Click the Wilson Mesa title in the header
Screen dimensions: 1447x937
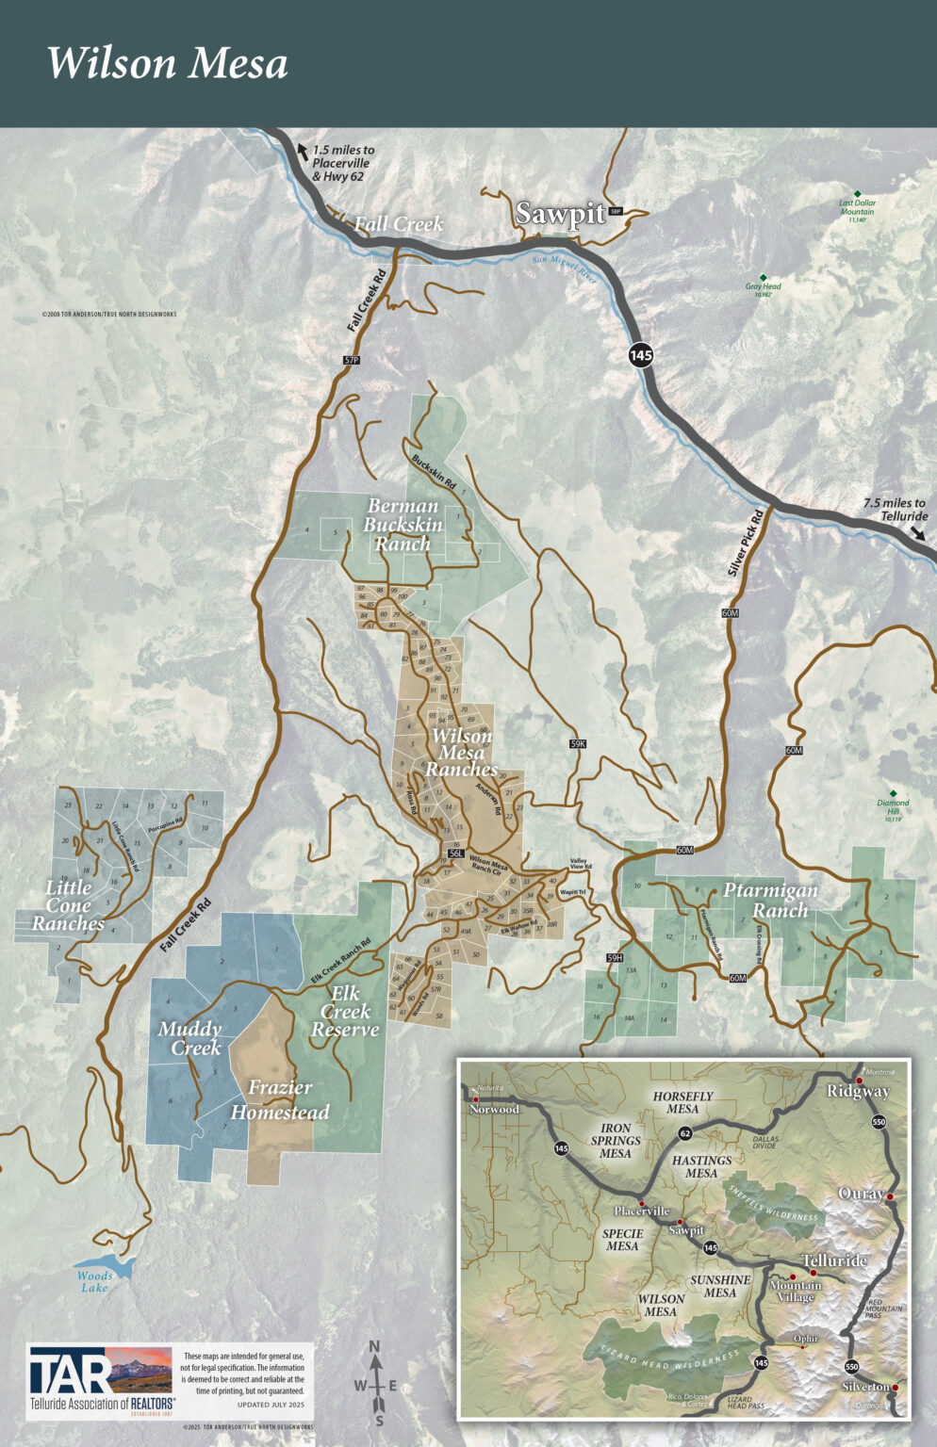(x=167, y=63)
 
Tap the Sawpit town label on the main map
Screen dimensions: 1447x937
(x=560, y=214)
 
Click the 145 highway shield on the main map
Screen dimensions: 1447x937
(x=641, y=355)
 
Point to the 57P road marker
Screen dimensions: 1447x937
(x=352, y=361)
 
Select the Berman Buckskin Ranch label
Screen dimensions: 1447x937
(x=403, y=525)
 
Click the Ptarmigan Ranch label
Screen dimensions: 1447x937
(x=770, y=900)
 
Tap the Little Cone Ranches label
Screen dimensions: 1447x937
(x=68, y=905)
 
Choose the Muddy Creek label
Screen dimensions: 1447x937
(x=189, y=1038)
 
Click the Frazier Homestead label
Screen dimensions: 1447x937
(x=280, y=1099)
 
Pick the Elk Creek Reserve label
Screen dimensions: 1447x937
(x=345, y=1012)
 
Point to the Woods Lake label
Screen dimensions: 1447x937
(x=94, y=1281)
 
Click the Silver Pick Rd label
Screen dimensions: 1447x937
(x=745, y=545)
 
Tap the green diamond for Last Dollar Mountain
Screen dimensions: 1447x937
(x=857, y=193)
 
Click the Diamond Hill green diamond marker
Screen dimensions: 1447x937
(x=893, y=793)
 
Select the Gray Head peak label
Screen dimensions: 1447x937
(x=763, y=287)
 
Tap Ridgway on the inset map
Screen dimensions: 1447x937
(x=857, y=1091)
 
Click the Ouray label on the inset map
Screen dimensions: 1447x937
(x=861, y=1194)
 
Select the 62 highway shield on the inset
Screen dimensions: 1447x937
(x=685, y=1133)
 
